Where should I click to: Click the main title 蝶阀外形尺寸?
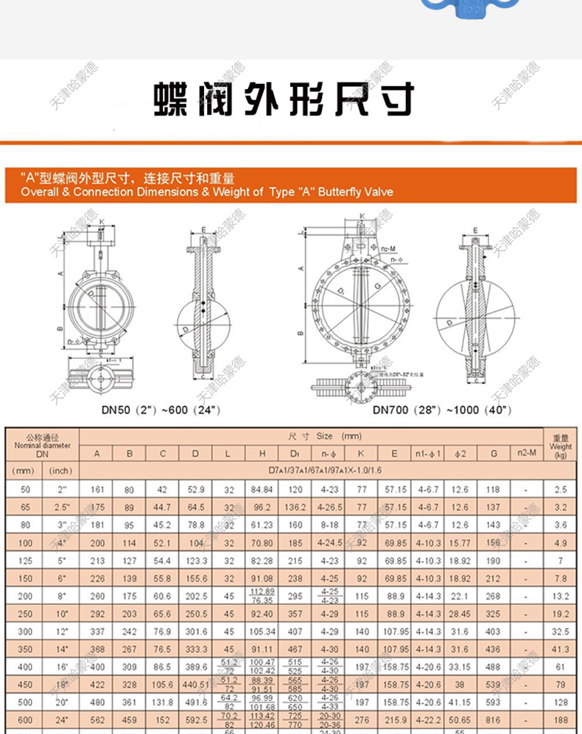284,99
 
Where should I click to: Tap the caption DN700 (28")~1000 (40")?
441,410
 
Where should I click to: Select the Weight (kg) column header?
561,446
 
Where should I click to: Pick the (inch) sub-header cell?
60,470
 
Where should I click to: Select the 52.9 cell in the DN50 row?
195,489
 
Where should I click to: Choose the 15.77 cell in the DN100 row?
460,543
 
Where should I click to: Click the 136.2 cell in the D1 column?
295,508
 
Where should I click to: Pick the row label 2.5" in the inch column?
60,508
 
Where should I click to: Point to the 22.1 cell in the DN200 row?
460,596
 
